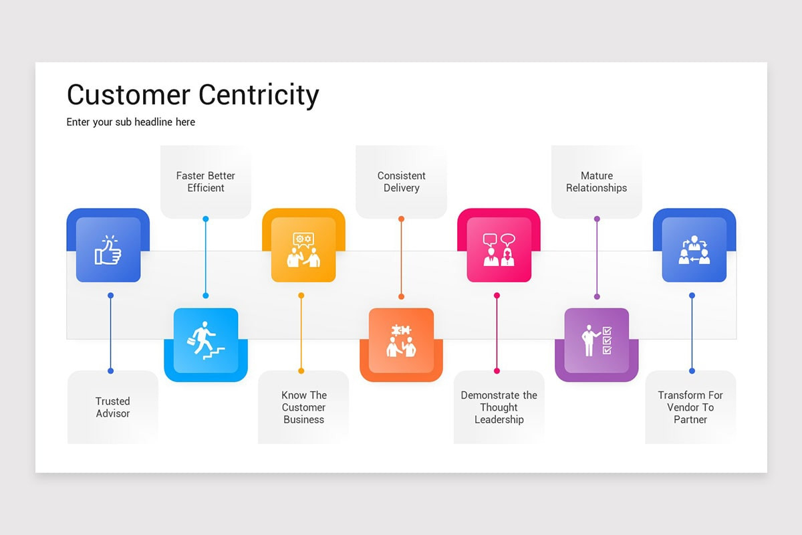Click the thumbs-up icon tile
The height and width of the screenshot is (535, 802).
click(x=108, y=249)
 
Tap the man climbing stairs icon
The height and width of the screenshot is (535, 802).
click(x=206, y=340)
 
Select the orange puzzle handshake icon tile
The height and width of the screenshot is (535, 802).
click(x=401, y=340)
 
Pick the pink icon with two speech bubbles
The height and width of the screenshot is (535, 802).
click(x=499, y=249)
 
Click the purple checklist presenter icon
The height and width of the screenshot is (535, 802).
click(x=596, y=340)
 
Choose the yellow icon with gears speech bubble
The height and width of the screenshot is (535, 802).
click(x=303, y=249)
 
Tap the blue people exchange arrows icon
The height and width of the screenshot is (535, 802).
click(x=694, y=249)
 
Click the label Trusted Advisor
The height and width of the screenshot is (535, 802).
click(x=112, y=407)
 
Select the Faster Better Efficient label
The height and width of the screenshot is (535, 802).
click(x=206, y=182)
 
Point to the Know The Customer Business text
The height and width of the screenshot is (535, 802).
click(x=303, y=407)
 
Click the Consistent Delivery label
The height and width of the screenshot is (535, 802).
click(x=401, y=182)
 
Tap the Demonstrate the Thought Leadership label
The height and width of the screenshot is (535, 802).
click(x=499, y=407)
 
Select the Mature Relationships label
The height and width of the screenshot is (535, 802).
click(x=596, y=182)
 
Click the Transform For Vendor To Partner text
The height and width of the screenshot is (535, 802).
click(x=690, y=407)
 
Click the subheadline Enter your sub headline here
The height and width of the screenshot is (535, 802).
click(x=131, y=122)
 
